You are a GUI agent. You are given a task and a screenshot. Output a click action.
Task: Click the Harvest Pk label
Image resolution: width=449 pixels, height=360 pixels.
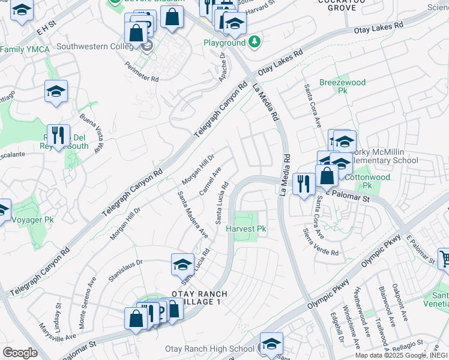[x=246, y=229]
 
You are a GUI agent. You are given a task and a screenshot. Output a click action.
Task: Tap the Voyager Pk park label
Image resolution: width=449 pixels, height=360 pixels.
[x=32, y=220]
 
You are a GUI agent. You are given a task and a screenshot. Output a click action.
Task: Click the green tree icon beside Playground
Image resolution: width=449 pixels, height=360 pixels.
[x=255, y=42]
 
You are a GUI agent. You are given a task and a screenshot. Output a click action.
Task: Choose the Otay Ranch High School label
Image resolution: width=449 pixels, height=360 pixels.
[x=209, y=349]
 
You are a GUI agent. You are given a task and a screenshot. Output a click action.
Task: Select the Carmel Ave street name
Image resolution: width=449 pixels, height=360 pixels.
[x=211, y=179]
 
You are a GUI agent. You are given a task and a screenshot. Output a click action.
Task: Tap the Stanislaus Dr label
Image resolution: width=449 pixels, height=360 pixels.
[x=125, y=268]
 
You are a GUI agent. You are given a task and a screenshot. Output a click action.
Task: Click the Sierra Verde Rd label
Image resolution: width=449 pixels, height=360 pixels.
[x=321, y=242]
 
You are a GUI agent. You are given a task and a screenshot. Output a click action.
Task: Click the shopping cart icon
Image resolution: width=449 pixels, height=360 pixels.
[x=444, y=259]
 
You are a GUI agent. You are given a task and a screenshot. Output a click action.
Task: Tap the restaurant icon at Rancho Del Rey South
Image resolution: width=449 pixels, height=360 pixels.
[x=58, y=134]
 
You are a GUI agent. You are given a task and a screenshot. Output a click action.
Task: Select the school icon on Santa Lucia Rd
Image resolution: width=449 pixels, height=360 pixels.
[x=182, y=263]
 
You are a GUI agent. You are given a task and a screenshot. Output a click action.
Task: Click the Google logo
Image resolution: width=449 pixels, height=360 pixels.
[x=20, y=352]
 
